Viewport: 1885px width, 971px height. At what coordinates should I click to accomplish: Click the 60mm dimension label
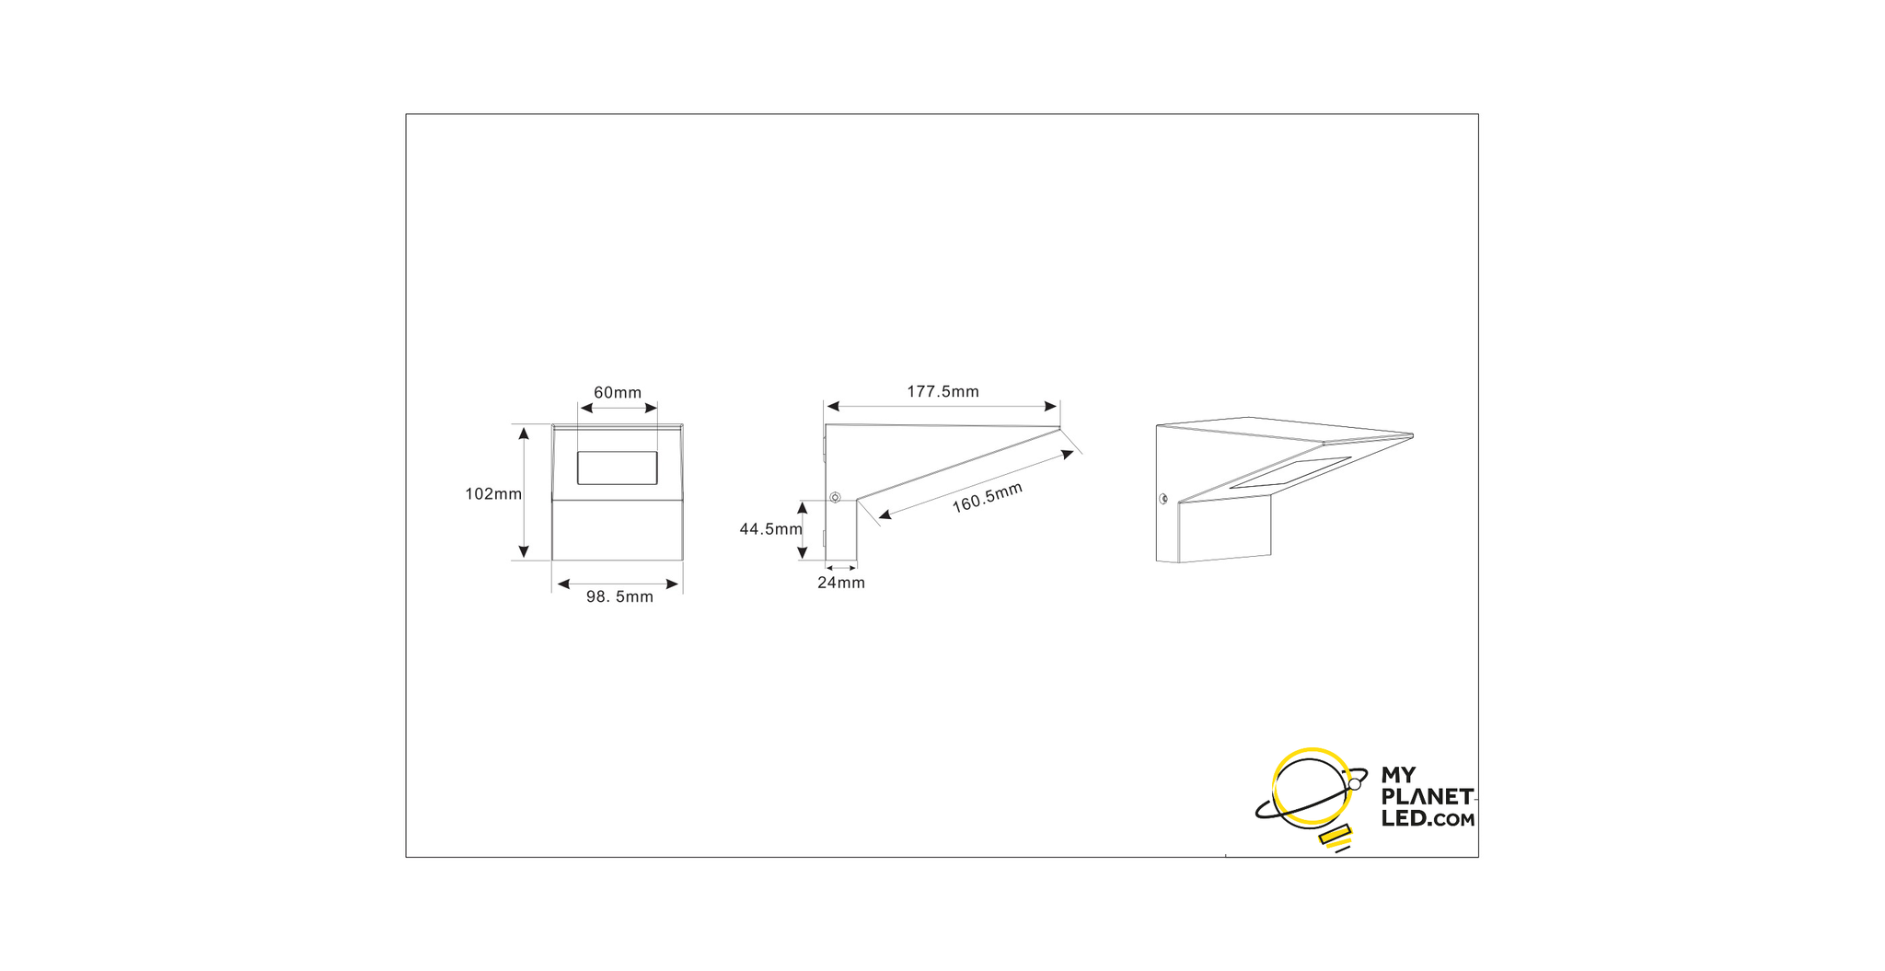coord(618,393)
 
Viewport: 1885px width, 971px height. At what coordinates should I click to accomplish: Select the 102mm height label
coord(493,494)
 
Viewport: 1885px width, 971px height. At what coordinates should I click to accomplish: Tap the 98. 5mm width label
coord(619,597)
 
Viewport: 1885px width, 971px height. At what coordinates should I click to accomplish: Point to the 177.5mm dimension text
coord(942,392)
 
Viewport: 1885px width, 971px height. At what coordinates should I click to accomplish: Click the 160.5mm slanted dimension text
coord(987,498)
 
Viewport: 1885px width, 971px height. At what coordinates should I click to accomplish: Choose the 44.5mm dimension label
coord(770,529)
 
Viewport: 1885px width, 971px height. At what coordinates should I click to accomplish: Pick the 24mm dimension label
coord(841,583)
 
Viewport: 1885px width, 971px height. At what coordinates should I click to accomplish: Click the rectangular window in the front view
coord(617,468)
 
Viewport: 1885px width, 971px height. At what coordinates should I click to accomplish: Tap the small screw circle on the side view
coord(835,498)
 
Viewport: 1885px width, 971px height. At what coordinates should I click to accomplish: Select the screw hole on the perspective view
coord(1163,499)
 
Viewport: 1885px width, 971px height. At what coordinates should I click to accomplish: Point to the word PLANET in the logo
coord(1427,796)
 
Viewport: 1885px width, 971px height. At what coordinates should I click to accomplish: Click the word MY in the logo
coord(1398,775)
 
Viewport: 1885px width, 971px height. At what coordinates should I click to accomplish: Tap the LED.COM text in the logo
coord(1428,818)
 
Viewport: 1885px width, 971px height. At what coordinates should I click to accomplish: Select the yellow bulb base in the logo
coord(1335,836)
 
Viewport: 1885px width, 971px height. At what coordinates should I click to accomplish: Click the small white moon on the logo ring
coord(1354,784)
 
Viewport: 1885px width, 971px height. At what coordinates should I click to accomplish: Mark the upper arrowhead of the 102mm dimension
coord(524,433)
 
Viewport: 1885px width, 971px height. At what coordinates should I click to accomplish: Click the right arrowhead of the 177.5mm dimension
coord(1052,406)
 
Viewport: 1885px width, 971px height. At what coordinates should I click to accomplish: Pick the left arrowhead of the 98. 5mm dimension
coord(563,584)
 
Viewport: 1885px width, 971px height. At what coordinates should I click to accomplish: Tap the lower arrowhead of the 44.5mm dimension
coord(802,552)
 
